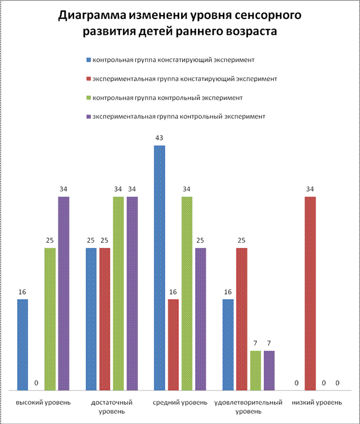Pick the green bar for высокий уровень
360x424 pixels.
tap(50, 319)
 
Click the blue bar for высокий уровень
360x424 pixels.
tap(22, 344)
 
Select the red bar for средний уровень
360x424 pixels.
tap(173, 344)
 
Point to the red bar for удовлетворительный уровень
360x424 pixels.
tap(242, 319)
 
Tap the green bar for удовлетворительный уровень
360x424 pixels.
tap(255, 370)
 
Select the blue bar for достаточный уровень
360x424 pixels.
tap(91, 319)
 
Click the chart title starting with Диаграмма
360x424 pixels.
tap(180, 24)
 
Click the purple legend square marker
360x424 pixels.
tap(89, 117)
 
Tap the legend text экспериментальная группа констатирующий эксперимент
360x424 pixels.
tap(185, 78)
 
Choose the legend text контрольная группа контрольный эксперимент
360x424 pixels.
tap(168, 97)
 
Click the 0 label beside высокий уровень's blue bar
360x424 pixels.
tap(36, 383)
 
